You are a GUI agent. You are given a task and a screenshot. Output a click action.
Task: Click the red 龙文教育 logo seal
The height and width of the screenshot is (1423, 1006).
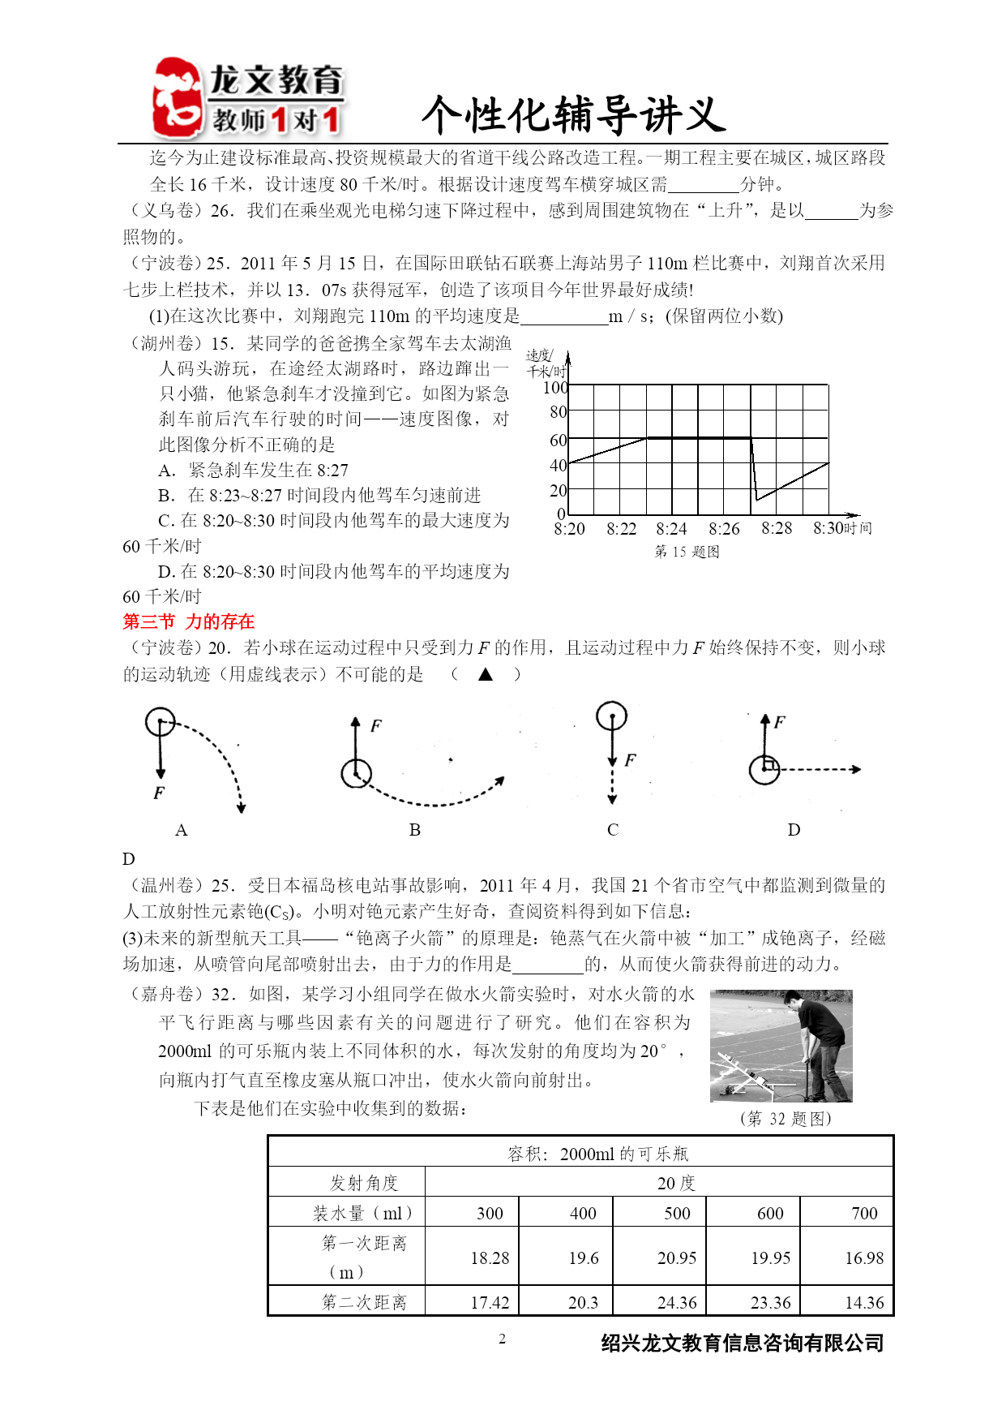point(177,98)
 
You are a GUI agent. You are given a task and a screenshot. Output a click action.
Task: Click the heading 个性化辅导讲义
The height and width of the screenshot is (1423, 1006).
point(573,114)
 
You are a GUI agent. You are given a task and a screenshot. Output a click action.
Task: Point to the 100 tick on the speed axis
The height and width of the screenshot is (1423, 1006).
point(555,388)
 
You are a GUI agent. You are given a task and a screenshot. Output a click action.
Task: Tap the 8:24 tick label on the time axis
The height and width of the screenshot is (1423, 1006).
point(671,529)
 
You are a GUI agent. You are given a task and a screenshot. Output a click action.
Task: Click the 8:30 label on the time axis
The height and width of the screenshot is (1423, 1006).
point(828,528)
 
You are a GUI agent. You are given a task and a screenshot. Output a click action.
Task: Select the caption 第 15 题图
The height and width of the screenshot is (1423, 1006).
point(687,552)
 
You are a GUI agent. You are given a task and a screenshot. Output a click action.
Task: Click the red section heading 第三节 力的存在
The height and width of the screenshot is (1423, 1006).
point(188,621)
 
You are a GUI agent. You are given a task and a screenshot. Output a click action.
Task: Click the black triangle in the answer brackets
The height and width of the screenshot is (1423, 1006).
point(486,673)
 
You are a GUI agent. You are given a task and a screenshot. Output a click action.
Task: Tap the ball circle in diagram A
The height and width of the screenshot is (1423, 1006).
point(160,721)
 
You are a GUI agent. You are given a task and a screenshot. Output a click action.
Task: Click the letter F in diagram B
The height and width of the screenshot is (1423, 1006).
point(375,725)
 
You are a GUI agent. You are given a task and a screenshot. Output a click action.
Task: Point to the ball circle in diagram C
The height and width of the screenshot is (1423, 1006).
point(611,716)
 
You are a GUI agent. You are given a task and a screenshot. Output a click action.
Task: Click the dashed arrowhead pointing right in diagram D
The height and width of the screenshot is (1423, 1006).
point(856,769)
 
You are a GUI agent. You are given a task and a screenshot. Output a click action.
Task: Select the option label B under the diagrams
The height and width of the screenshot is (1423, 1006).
point(414,830)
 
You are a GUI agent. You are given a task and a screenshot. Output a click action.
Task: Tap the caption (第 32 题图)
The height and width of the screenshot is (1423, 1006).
point(785,1119)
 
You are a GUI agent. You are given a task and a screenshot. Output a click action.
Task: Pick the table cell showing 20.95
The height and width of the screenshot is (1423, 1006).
point(677,1257)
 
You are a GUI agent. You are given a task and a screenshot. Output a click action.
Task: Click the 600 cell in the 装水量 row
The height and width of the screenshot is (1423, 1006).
point(770,1213)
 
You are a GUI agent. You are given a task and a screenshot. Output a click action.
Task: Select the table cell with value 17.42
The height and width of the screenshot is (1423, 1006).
point(490,1302)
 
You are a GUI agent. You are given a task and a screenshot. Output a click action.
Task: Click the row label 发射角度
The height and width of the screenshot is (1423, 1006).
point(363,1183)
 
